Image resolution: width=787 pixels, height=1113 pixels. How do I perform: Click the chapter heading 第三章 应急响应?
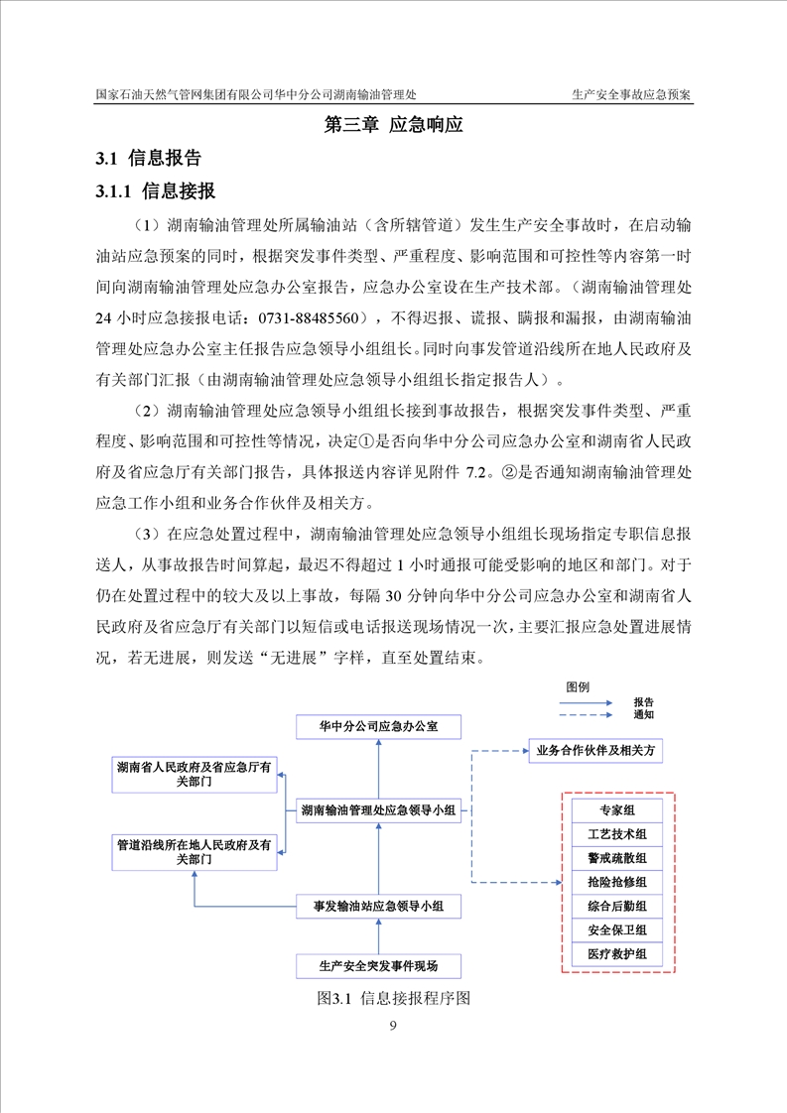click(x=394, y=126)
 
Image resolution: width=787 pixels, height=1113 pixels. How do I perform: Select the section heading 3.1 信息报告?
click(x=148, y=158)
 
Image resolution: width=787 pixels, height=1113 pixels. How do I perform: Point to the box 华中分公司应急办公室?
click(x=378, y=727)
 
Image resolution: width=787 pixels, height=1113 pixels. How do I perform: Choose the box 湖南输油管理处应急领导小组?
click(x=378, y=810)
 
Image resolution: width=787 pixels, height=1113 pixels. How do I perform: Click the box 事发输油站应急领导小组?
click(x=378, y=905)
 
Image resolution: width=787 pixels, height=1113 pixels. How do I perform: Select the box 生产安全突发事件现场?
click(x=378, y=964)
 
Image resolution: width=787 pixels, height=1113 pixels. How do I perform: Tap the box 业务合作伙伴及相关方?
click(x=594, y=751)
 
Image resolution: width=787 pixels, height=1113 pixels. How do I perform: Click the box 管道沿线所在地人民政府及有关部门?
click(x=195, y=853)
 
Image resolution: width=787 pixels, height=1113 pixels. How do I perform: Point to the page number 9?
click(x=394, y=1026)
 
